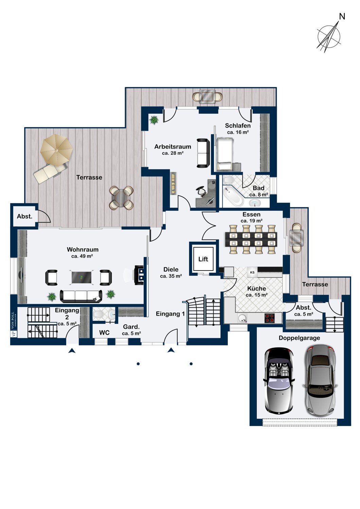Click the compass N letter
tap(342, 16)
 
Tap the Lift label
tap(203, 259)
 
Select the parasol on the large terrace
tap(56, 150)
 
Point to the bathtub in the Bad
tap(233, 196)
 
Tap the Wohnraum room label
tap(83, 249)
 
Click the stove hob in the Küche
tap(270, 318)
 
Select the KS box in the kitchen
tap(252, 272)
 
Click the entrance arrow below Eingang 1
tap(171, 350)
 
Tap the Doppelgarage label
tap(299, 338)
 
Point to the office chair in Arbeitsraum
tap(202, 190)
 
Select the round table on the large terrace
tap(121, 198)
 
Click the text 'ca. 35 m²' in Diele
tap(171, 276)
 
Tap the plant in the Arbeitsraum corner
tap(154, 119)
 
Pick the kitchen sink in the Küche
tap(242, 318)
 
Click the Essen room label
tap(251, 214)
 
